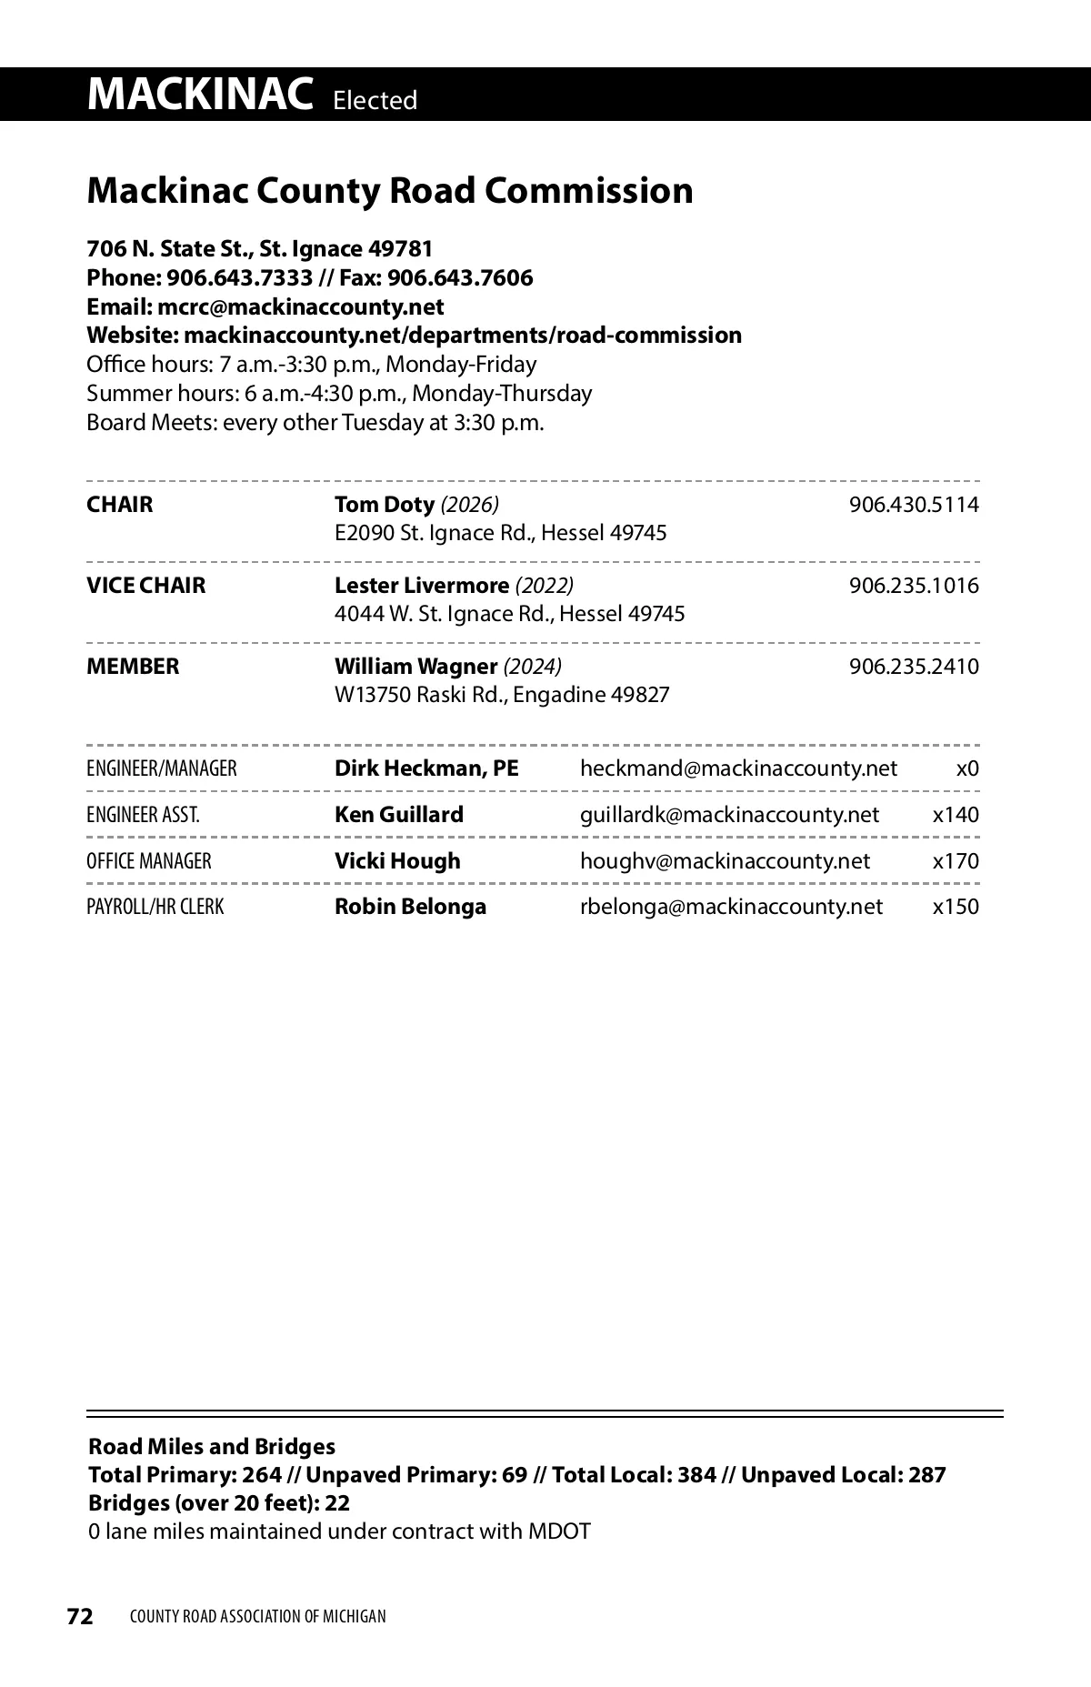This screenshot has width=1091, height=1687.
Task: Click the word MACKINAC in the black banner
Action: click(x=200, y=95)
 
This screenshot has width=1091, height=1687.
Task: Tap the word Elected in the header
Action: click(x=375, y=100)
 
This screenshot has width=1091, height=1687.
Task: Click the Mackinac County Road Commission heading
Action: click(x=390, y=191)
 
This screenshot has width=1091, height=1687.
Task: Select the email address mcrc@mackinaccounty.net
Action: click(x=300, y=306)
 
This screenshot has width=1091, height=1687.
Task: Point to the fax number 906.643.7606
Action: click(x=460, y=277)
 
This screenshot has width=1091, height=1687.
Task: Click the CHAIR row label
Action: click(x=120, y=505)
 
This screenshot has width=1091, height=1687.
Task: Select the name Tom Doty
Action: click(x=384, y=505)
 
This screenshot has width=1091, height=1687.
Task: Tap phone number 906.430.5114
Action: click(x=914, y=505)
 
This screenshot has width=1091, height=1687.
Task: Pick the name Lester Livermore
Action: click(x=422, y=586)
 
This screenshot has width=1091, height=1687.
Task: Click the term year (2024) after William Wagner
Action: click(x=533, y=667)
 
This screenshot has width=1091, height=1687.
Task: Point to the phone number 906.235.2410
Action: click(x=914, y=667)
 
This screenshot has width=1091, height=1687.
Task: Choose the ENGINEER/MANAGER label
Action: click(x=162, y=769)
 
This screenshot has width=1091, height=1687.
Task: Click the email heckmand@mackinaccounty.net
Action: click(x=738, y=769)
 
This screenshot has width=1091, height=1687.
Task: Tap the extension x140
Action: click(x=956, y=815)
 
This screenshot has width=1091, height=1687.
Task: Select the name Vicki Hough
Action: click(x=397, y=861)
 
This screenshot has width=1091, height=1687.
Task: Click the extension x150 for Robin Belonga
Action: click(x=956, y=908)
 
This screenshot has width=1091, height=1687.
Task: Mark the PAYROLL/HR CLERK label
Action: click(x=155, y=908)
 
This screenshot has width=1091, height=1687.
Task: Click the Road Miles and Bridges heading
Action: click(x=212, y=1447)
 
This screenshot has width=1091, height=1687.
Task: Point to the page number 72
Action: click(x=80, y=1616)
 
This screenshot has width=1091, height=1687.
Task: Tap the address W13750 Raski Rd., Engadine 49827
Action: click(x=502, y=696)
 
